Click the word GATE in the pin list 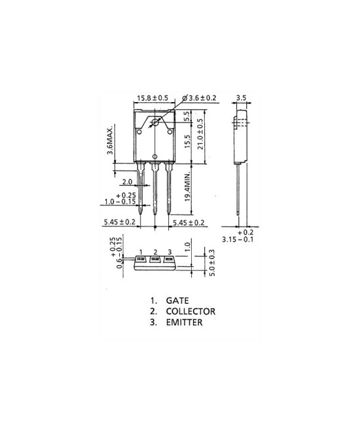pyautogui.click(x=178, y=301)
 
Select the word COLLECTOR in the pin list pyautogui.click(x=190, y=312)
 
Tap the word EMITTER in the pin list pyautogui.click(x=183, y=323)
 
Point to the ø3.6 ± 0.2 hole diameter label pyautogui.click(x=202, y=98)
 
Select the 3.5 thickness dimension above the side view pyautogui.click(x=241, y=98)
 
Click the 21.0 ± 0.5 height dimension pyautogui.click(x=200, y=134)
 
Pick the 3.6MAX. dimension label pyautogui.click(x=114, y=139)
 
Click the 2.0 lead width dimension pyautogui.click(x=127, y=182)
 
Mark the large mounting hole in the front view pyautogui.click(x=156, y=123)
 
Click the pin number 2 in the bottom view pyautogui.click(x=155, y=252)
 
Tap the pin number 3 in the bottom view pyautogui.click(x=170, y=252)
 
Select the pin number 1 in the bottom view pyautogui.click(x=141, y=252)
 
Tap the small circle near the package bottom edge pyautogui.click(x=155, y=156)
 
